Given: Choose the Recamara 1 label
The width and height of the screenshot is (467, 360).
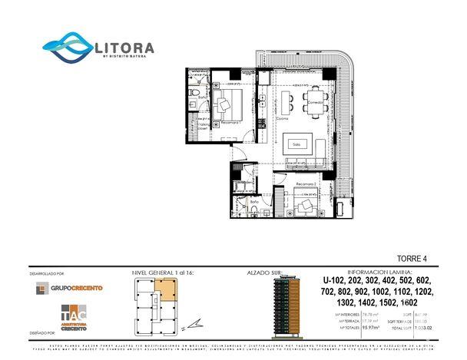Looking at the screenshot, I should (224, 122).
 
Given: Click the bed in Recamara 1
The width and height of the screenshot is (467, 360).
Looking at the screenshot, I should (227, 103).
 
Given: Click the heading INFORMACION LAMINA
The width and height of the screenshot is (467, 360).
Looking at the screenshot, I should (379, 272).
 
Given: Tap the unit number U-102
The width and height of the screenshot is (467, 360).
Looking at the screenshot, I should (335, 281).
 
